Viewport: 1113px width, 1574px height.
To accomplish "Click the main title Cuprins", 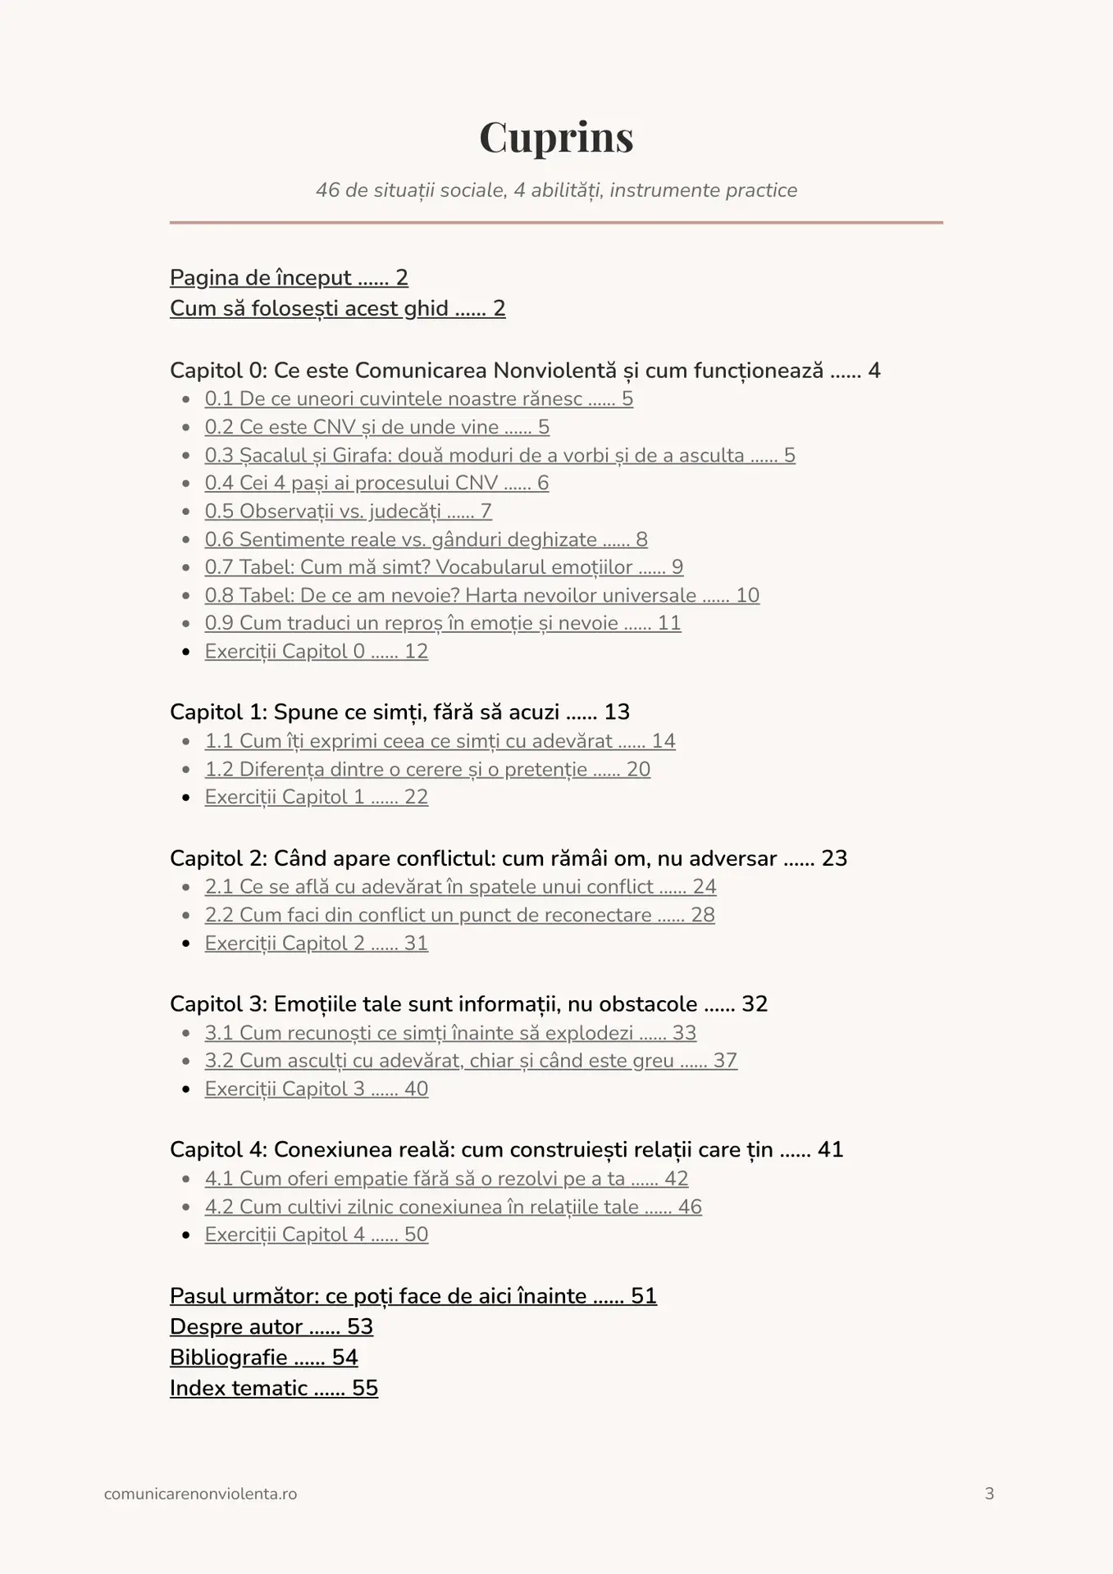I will (556, 137).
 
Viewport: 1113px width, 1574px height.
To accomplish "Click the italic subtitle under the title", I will (556, 190).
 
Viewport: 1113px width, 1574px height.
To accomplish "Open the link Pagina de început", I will (289, 278).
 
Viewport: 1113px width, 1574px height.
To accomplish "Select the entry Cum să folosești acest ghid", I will (337, 308).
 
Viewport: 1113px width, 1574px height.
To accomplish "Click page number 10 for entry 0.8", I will (747, 595).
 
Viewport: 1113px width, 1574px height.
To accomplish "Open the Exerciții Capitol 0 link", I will (316, 652).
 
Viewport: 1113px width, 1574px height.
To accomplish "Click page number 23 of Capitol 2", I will (834, 858).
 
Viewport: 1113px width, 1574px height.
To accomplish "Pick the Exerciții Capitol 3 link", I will (316, 1089).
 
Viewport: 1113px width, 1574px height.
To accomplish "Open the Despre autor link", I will (271, 1326).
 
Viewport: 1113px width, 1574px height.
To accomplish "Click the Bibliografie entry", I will (263, 1358).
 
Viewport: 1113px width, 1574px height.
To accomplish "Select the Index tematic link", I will (273, 1388).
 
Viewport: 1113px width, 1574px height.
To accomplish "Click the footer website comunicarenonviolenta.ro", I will (200, 1494).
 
